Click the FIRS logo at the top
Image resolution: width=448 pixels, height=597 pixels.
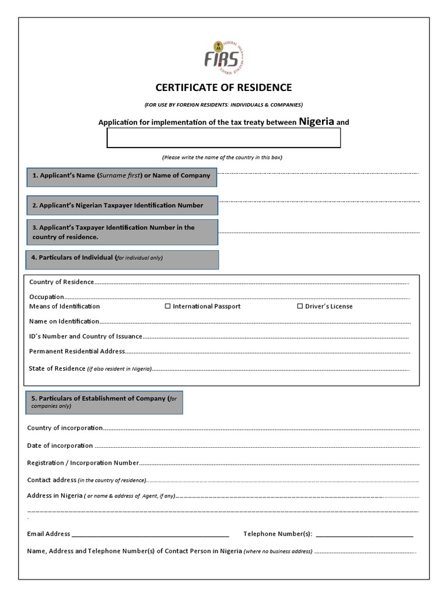[x=223, y=57]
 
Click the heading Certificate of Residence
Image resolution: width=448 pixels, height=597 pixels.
[x=223, y=88]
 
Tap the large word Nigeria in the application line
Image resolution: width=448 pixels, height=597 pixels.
[x=317, y=122]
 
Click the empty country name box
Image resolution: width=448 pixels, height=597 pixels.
[x=223, y=138]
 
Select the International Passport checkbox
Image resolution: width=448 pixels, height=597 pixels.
[x=168, y=306]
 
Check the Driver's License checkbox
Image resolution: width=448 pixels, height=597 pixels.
[x=300, y=306]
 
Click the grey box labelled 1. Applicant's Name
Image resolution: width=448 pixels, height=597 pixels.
[x=122, y=177]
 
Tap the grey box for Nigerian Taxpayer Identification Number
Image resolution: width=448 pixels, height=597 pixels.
[x=122, y=205]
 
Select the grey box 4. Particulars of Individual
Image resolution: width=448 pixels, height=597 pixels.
[x=122, y=259]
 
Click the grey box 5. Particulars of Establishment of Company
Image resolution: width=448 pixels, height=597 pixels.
[x=104, y=402]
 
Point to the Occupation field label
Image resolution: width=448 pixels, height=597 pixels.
[x=46, y=297]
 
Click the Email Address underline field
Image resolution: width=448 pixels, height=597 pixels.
[x=150, y=534]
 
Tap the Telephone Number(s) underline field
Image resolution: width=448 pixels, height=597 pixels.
[x=364, y=534]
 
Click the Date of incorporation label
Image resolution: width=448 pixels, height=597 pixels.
[x=60, y=445]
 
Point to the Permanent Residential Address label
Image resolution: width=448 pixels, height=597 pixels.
[x=77, y=351]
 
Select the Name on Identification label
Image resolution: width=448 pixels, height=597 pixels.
[x=64, y=321]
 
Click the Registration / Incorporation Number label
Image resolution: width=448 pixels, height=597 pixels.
[x=83, y=462]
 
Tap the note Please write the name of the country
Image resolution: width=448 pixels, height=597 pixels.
[x=222, y=157]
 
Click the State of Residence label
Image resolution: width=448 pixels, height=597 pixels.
[x=58, y=368]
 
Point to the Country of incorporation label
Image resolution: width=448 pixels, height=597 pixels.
[x=65, y=428]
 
